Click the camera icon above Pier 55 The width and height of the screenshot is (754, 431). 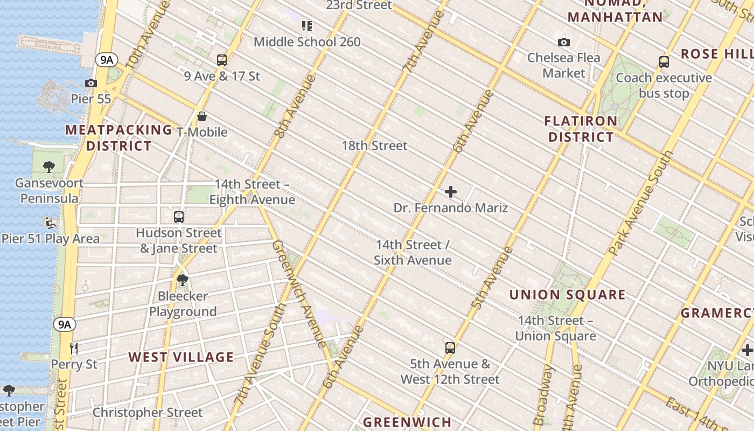pos(91,83)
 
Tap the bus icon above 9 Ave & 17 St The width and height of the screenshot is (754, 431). pos(222,60)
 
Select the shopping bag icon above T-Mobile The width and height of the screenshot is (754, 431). pos(202,116)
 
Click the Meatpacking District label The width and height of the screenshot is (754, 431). pos(118,138)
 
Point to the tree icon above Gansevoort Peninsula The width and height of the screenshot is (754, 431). pos(49,166)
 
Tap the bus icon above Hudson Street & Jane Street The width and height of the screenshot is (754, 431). pos(179,217)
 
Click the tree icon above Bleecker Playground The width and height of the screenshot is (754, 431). pos(183,280)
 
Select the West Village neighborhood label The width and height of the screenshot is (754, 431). pos(181,357)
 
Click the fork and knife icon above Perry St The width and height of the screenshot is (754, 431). pos(74,348)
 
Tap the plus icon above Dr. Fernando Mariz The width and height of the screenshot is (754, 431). pos(451,191)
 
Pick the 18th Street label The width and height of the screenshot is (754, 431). pos(374,145)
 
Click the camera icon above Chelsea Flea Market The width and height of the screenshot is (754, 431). pos(564,41)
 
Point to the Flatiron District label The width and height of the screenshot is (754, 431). pos(581,129)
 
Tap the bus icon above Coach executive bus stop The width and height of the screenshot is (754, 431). pos(664,61)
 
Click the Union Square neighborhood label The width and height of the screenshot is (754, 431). pos(567,295)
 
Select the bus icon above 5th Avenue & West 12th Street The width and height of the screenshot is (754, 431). pos(450,347)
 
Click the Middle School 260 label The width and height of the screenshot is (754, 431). pos(307,41)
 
